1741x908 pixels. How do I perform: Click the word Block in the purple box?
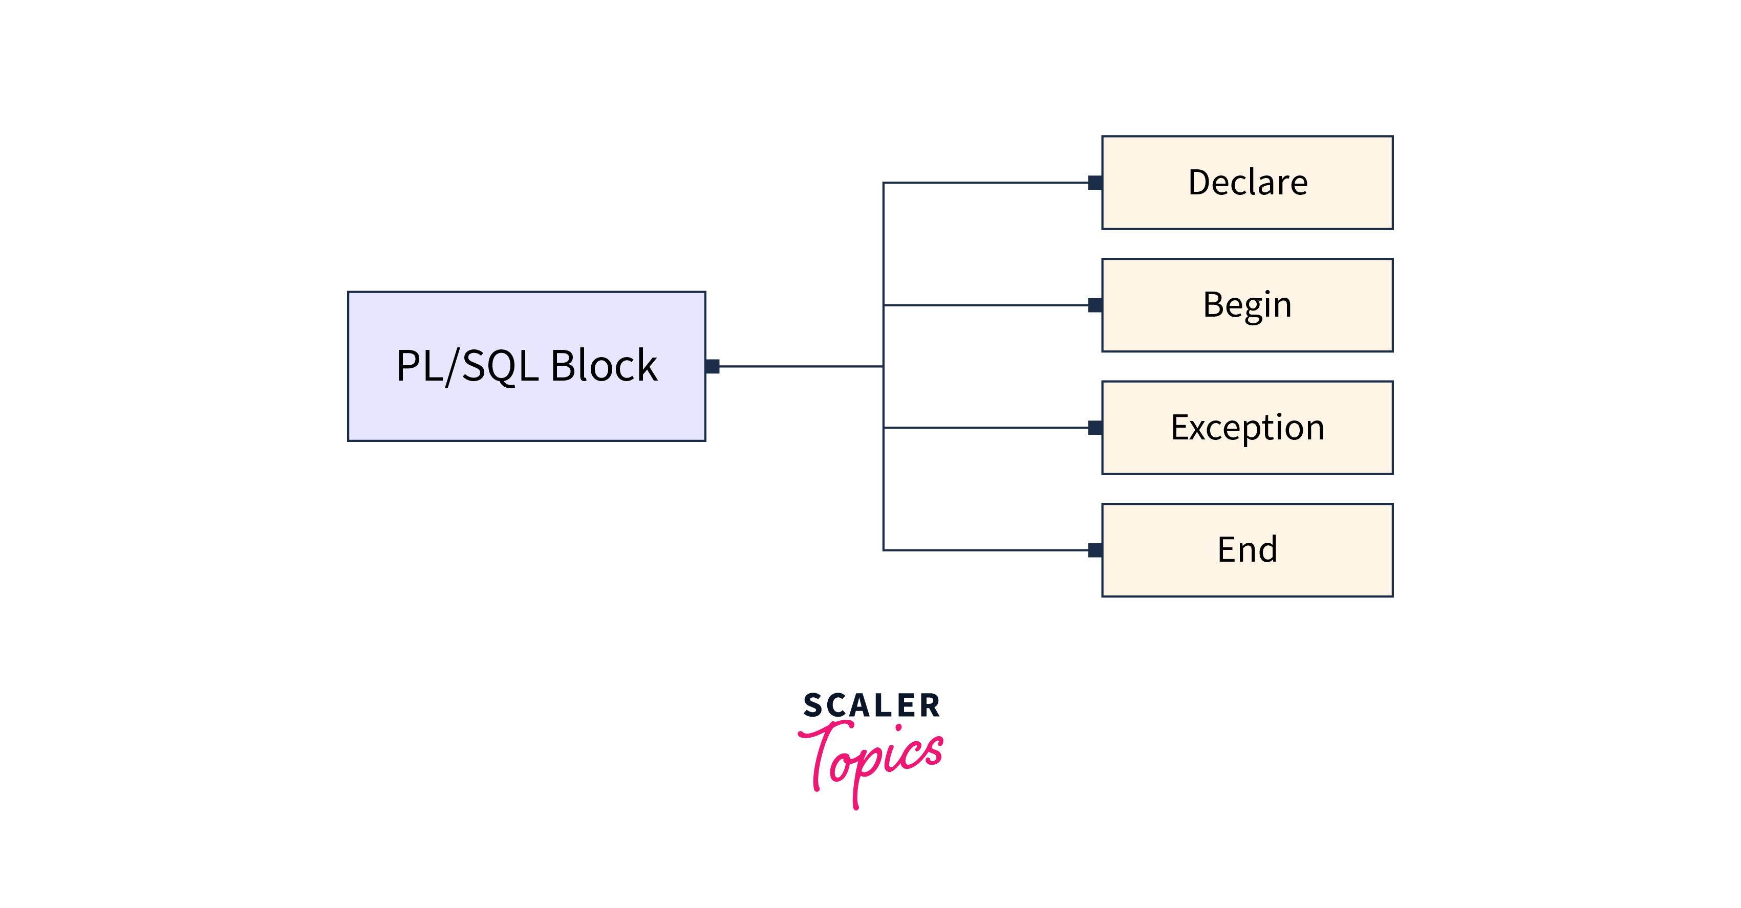click(604, 366)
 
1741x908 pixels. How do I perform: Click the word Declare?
click(1248, 183)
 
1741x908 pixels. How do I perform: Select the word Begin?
click(1247, 305)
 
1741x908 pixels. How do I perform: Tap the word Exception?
click(1247, 428)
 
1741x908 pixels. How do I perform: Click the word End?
click(1247, 549)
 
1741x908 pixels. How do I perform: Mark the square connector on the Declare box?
click(1095, 183)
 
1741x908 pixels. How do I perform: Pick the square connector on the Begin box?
click(1095, 305)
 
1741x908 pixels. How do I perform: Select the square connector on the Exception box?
click(1095, 428)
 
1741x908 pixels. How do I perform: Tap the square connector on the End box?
click(1095, 550)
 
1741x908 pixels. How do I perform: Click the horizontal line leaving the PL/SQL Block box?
click(801, 366)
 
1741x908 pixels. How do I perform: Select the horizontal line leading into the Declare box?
click(987, 183)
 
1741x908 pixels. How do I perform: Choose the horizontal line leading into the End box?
click(987, 550)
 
